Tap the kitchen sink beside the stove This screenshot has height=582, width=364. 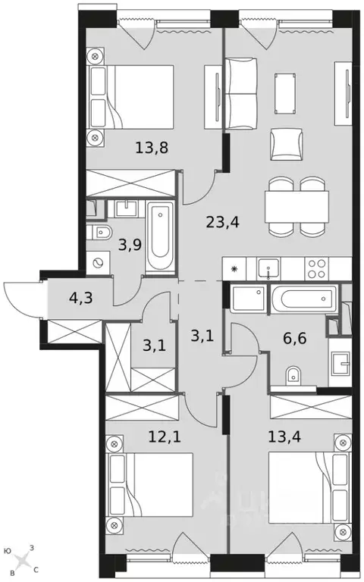[x=268, y=268]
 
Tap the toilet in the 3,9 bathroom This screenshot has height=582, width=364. [x=101, y=233]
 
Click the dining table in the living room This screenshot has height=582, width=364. [x=296, y=205]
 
